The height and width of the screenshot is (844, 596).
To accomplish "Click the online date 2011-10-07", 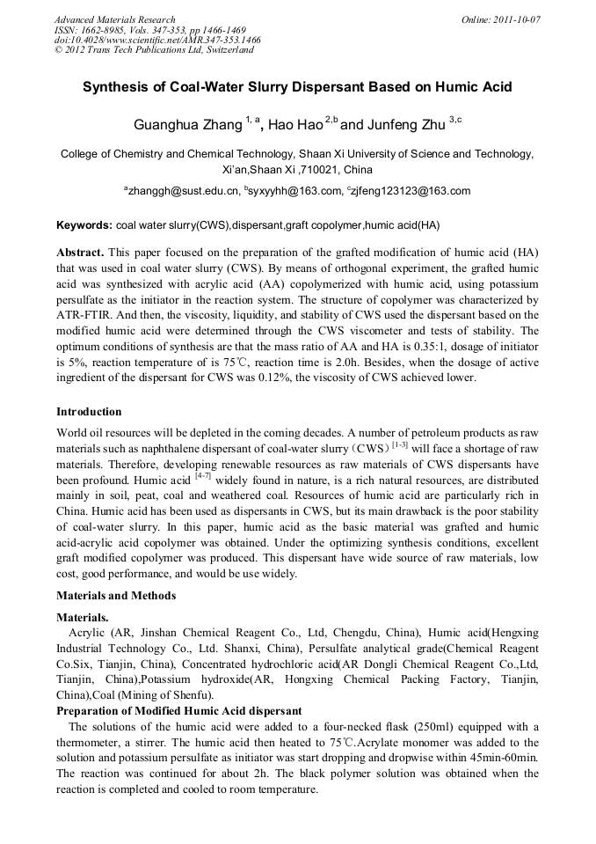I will tap(518, 19).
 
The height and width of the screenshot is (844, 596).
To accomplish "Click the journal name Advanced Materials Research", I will tap(114, 19).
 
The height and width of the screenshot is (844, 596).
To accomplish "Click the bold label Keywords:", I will tap(84, 225).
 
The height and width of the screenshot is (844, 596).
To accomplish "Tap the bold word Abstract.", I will tap(81, 252).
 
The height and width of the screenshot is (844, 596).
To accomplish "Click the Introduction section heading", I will tap(89, 411).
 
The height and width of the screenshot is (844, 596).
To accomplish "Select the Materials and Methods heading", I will tap(116, 595).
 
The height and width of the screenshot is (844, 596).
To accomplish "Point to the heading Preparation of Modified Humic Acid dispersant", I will tap(179, 710).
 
